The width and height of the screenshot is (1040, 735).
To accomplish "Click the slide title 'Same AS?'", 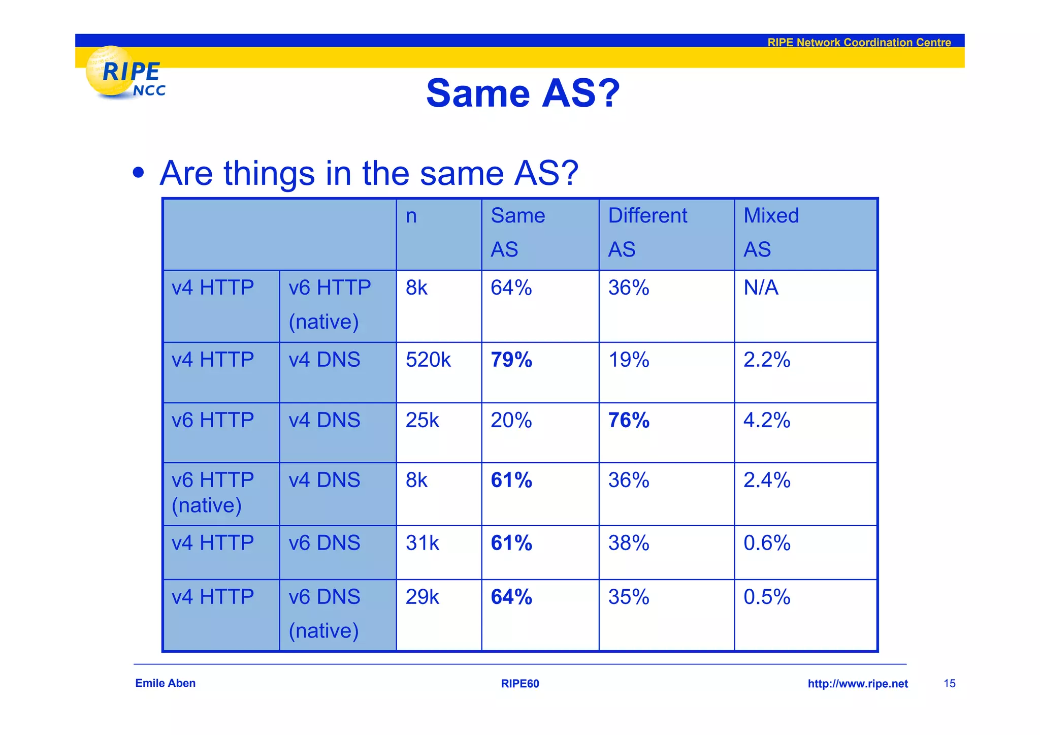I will click(x=523, y=93).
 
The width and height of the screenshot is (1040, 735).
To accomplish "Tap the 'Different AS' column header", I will click(x=647, y=232).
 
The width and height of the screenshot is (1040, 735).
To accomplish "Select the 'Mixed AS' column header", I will click(x=771, y=232).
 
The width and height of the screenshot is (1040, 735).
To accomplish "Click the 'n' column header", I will click(x=411, y=216).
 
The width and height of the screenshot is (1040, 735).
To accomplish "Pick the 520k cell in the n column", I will click(x=428, y=360).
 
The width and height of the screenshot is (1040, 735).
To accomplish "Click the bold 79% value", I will click(x=511, y=360).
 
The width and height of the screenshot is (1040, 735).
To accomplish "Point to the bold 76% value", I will click(x=629, y=420).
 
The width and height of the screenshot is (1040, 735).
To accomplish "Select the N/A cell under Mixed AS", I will click(x=761, y=287).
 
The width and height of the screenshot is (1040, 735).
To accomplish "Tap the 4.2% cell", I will click(x=767, y=420).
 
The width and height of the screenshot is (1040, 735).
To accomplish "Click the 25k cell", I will click(x=422, y=420).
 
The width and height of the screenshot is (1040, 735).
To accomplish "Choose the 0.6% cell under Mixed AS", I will click(x=767, y=543).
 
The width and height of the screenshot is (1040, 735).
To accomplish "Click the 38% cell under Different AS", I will click(x=629, y=543).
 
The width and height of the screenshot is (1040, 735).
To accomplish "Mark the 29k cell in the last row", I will click(x=422, y=597).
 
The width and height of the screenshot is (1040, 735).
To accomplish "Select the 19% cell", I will click(x=629, y=360).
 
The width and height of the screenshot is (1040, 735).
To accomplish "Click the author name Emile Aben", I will click(x=165, y=683).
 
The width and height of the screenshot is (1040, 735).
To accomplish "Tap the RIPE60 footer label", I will click(x=520, y=684).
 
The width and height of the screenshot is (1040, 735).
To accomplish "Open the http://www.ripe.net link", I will click(x=858, y=684).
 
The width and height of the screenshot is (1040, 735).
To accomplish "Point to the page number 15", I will click(x=950, y=684).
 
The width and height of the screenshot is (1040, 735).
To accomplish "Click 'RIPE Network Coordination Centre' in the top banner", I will click(x=859, y=42).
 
